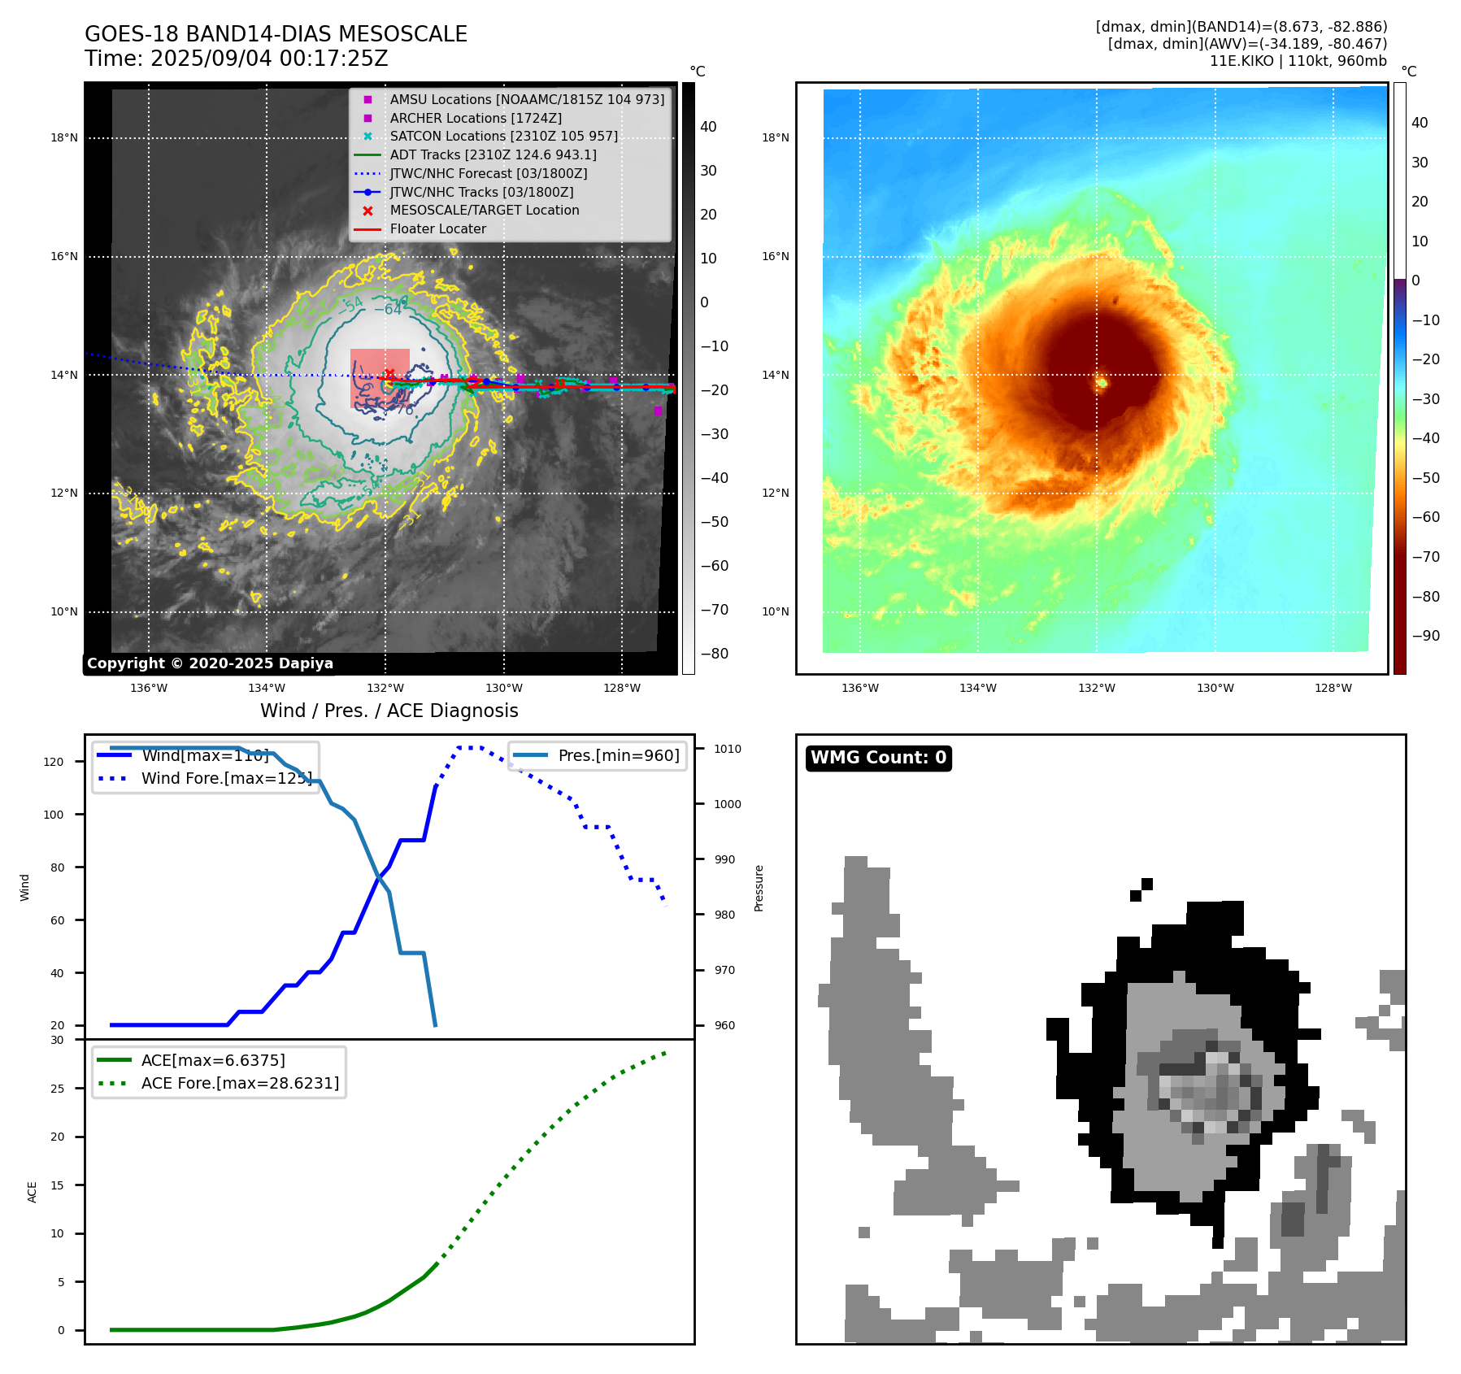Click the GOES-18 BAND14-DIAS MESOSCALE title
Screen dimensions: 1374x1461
(276, 34)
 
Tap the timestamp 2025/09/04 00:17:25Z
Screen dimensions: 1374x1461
(269, 59)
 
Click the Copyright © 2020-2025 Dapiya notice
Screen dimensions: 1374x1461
(210, 663)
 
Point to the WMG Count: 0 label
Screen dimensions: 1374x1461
(878, 758)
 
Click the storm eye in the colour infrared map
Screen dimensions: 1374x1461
(1102, 382)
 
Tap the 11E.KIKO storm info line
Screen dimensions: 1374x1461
(1298, 61)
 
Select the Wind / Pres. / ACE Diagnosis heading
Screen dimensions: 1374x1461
(389, 711)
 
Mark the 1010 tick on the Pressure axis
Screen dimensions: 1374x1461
(728, 749)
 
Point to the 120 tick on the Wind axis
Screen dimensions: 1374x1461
(54, 762)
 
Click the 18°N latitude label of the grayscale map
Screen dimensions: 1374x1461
(64, 137)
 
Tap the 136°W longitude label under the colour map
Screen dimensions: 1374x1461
(859, 688)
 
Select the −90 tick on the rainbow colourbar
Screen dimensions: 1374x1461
(1425, 636)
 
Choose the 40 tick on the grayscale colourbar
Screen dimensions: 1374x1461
(708, 127)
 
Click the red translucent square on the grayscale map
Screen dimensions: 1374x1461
(380, 378)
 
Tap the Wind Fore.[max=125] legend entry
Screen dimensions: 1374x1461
(226, 778)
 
